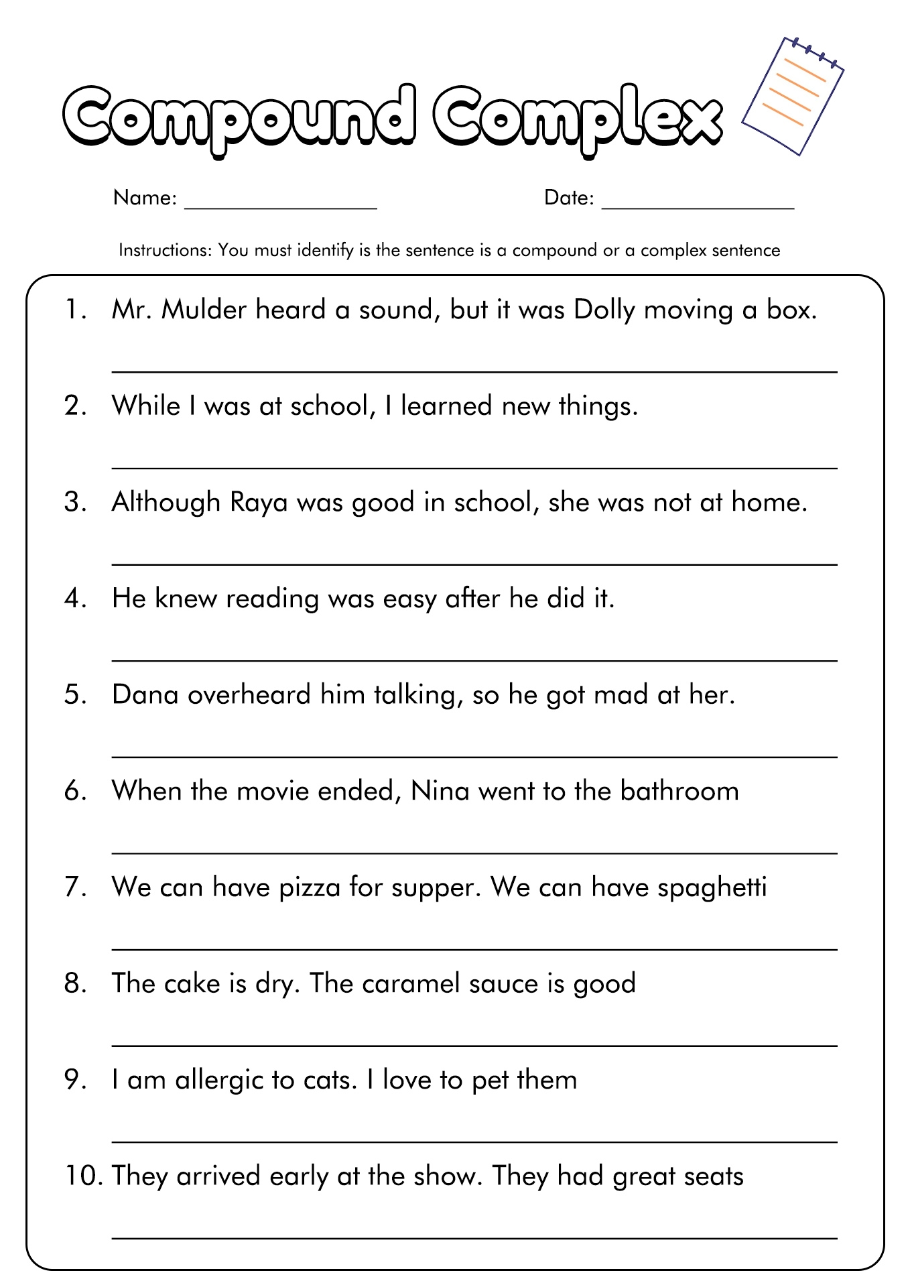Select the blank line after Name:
(x=281, y=205)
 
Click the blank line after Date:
(x=698, y=205)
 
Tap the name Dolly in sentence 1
(x=604, y=310)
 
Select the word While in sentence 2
(x=146, y=406)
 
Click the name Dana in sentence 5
(x=145, y=694)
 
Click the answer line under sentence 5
(x=474, y=757)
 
